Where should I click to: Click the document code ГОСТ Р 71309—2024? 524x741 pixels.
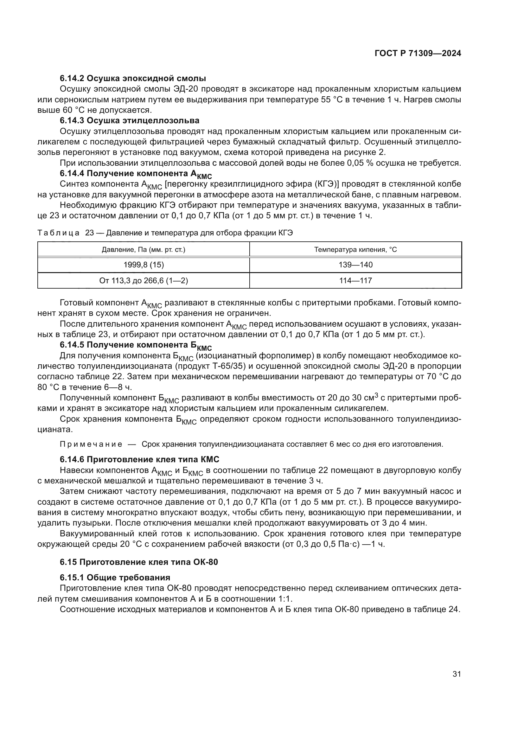click(x=418, y=54)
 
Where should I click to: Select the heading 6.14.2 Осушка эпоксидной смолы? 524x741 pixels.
click(x=133, y=79)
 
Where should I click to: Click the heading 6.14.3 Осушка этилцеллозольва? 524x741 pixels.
click(x=129, y=121)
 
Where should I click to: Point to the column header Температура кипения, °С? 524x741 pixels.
click(x=355, y=249)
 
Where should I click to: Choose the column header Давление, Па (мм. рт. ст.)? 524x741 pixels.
click(x=144, y=249)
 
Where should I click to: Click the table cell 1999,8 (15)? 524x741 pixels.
click(x=144, y=265)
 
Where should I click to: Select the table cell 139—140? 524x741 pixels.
click(x=355, y=265)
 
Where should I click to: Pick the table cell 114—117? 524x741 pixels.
click(x=355, y=280)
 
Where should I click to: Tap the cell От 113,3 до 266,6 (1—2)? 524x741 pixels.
click(x=144, y=280)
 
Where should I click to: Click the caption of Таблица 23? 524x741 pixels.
click(x=165, y=233)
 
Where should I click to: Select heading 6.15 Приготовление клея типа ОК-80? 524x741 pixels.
click(x=139, y=562)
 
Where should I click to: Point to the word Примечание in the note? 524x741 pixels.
click(x=91, y=444)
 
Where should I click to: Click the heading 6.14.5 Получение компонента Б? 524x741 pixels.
click(x=136, y=345)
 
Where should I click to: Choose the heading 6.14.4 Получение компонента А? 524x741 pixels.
click(x=136, y=174)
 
